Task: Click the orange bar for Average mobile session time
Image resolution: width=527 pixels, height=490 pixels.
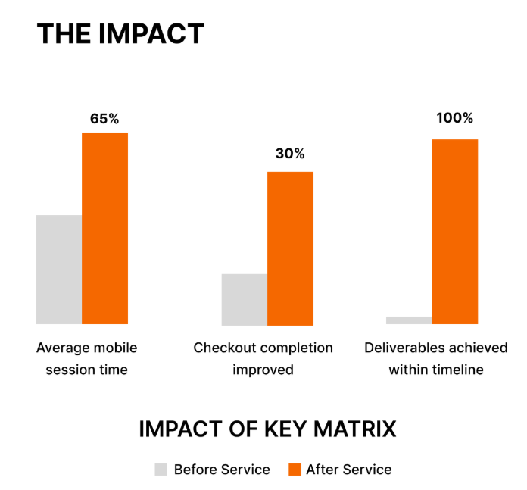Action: click(104, 228)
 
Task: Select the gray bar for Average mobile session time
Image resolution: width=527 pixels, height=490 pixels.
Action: click(59, 270)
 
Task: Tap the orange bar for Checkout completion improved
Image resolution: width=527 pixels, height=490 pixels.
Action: click(290, 248)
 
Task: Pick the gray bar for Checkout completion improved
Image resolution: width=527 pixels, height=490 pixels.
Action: click(244, 299)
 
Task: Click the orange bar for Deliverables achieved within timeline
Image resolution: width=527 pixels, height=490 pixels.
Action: click(454, 232)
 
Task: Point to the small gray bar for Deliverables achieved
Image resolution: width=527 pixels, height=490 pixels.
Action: click(409, 320)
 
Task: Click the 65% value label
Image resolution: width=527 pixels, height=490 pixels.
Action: click(104, 119)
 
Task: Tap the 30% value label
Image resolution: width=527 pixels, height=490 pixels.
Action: click(290, 154)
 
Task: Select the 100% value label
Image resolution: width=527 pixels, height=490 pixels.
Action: click(454, 118)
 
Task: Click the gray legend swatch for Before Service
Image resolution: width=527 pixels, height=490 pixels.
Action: click(161, 470)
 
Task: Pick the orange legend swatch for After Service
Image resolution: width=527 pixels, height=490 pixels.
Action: click(295, 470)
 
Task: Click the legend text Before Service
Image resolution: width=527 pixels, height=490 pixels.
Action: click(222, 470)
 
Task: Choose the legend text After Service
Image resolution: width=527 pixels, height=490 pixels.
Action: click(349, 470)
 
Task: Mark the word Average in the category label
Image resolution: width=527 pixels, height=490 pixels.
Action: click(62, 348)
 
